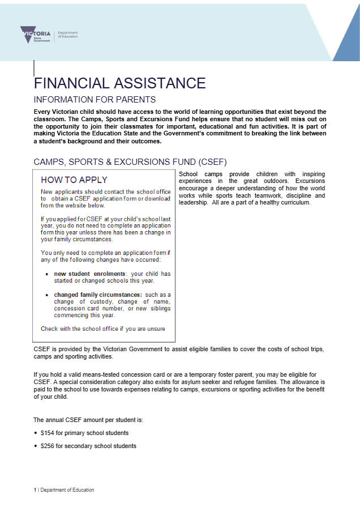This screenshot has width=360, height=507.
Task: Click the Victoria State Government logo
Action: coord(35,35)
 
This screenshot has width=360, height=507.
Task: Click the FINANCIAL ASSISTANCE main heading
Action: coord(119,83)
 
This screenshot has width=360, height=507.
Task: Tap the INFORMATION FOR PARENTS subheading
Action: coord(91,99)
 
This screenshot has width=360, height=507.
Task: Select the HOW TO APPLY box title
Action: coord(74,180)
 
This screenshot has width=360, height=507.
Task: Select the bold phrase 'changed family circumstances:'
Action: coord(98,295)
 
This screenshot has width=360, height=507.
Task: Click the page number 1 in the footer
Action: coord(35,490)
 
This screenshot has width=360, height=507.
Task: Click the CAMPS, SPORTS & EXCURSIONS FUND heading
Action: coord(130,162)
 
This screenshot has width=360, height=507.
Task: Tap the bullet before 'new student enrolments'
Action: coord(47,274)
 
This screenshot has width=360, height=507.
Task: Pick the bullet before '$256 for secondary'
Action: coord(36,446)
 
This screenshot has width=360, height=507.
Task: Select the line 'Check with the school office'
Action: coord(106,329)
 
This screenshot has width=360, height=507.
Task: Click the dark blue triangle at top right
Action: coord(348,42)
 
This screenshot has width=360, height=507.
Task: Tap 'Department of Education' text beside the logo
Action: coord(68,35)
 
